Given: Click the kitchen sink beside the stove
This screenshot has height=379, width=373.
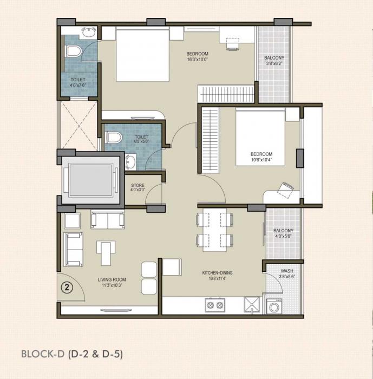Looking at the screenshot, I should [x=251, y=305].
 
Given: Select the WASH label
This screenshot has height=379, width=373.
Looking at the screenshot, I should [x=287, y=271].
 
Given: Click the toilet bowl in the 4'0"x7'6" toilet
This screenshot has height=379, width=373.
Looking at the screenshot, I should [x=73, y=51].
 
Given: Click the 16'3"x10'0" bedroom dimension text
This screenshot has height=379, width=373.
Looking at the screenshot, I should [x=197, y=60].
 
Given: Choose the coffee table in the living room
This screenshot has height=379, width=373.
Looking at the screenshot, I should [x=106, y=249].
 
